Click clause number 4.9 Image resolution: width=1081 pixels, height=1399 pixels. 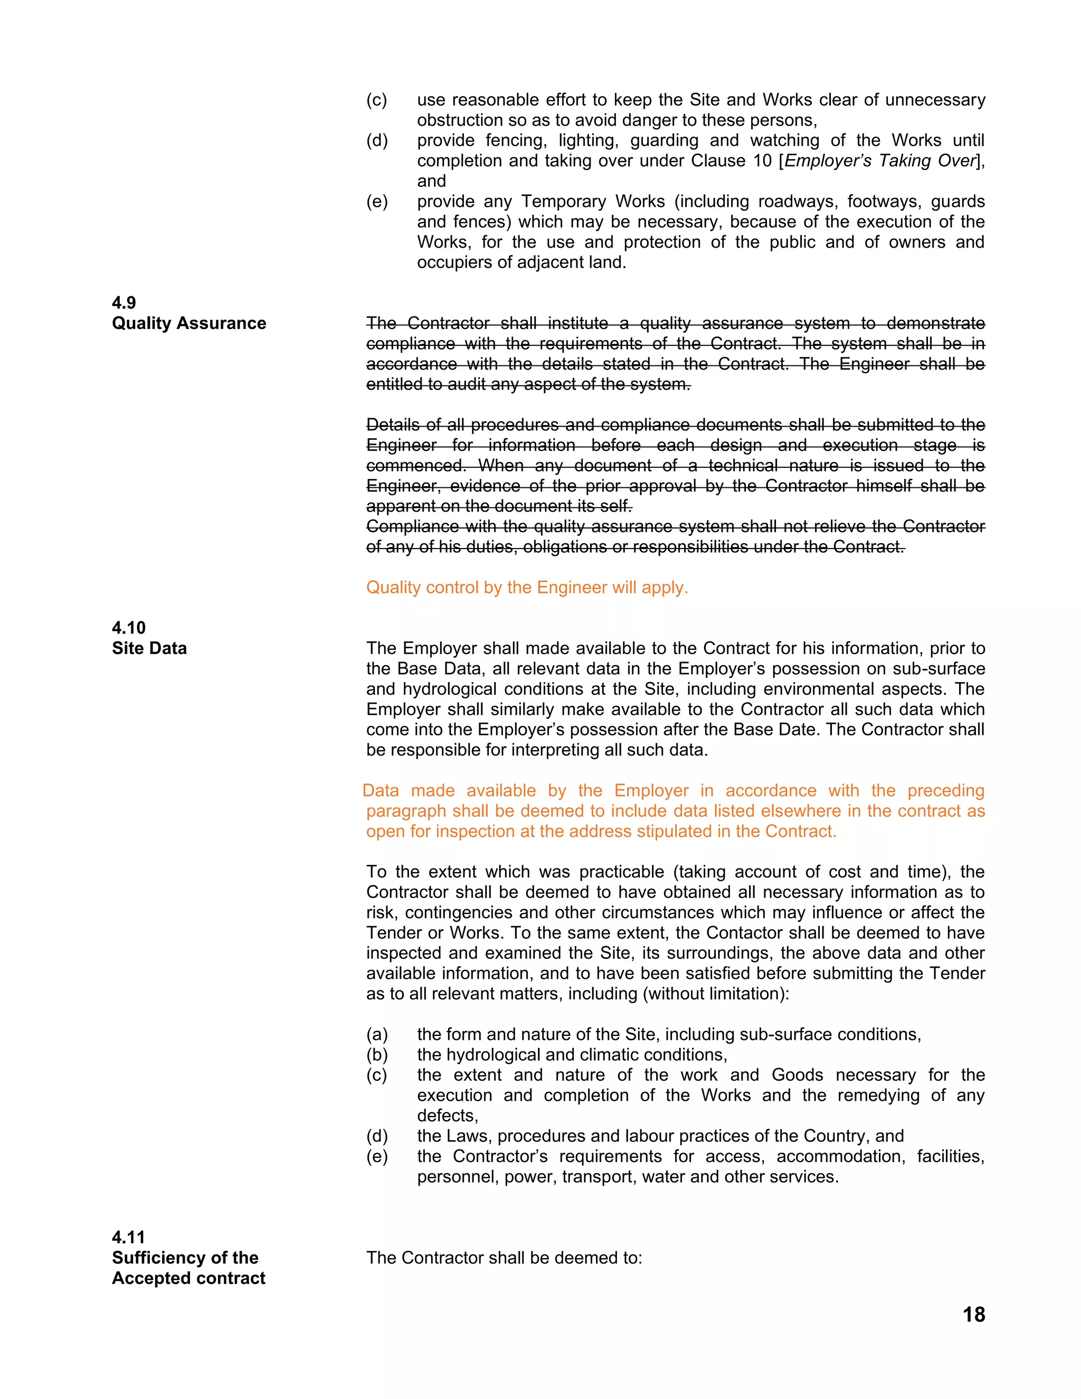pos(124,303)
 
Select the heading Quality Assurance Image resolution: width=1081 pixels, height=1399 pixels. pos(189,323)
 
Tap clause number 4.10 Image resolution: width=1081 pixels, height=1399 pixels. pos(128,627)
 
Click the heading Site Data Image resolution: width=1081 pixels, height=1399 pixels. pos(149,648)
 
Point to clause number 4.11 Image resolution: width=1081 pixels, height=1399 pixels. pos(128,1237)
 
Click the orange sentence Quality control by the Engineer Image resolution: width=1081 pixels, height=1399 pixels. pos(526,588)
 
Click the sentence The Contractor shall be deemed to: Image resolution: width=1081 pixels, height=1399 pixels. pos(504,1258)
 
